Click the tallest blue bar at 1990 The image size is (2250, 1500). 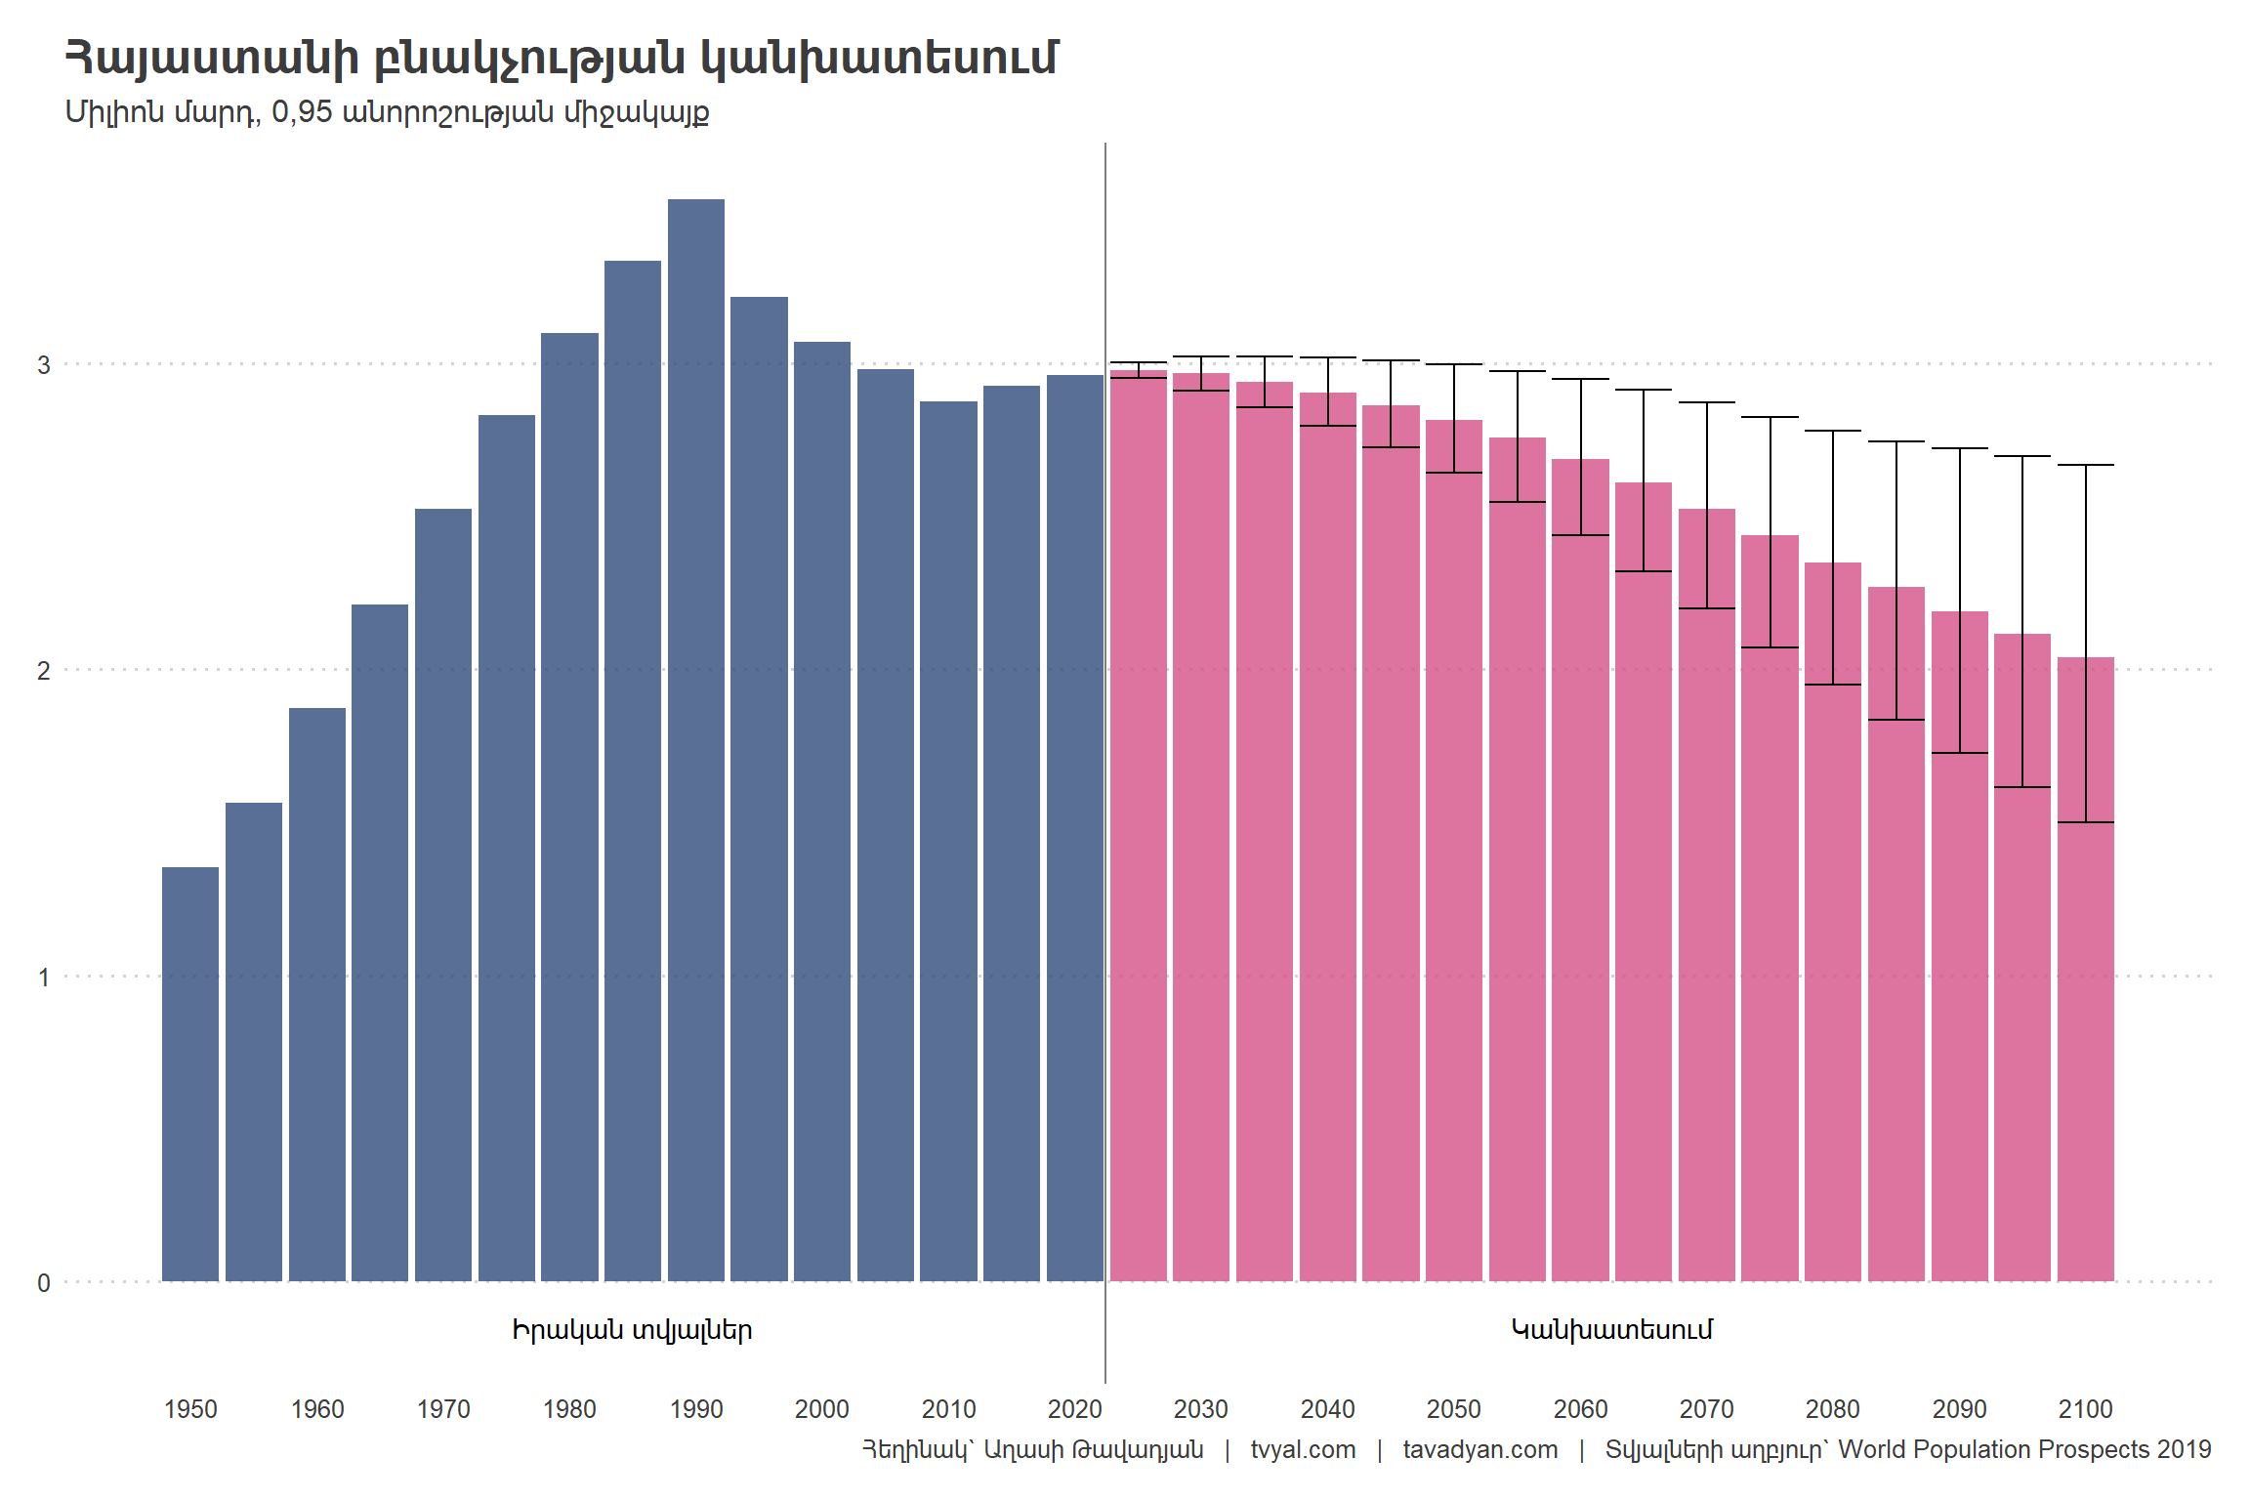tap(696, 742)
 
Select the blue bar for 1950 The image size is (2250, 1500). tap(190, 1074)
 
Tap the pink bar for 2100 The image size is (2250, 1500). tap(2086, 977)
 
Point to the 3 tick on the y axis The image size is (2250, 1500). tap(44, 365)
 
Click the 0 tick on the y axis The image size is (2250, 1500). tap(44, 1283)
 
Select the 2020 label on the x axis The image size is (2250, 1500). tap(1074, 1409)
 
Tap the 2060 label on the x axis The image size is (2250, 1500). tap(1580, 1409)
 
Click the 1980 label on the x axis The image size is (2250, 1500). tap(569, 1409)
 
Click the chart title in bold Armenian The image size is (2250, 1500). tap(562, 59)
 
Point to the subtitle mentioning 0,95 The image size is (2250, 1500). tap(387, 112)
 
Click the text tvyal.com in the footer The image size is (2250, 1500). tap(1303, 1450)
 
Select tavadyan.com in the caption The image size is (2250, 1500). tap(1480, 1450)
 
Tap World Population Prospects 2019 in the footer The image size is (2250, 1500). tap(2024, 1450)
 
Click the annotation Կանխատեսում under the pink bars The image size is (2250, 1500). tap(1612, 1330)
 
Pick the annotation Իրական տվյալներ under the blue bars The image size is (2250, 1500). tap(632, 1330)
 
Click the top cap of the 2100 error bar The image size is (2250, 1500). tap(2086, 465)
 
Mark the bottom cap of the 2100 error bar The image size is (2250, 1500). tap(2086, 822)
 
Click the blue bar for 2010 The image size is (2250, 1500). tap(948, 840)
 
